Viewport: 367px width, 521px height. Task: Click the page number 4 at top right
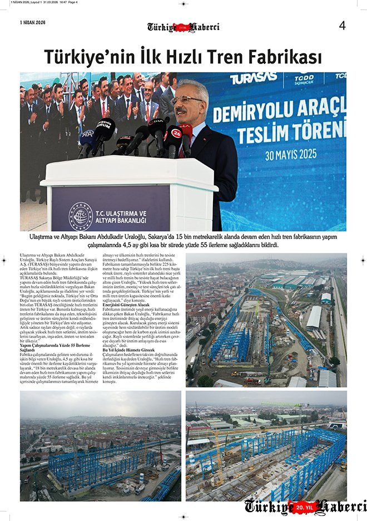point(342,25)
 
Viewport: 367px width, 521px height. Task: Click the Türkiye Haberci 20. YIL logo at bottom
point(305,507)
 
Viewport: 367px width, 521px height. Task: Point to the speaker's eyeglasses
point(186,100)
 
